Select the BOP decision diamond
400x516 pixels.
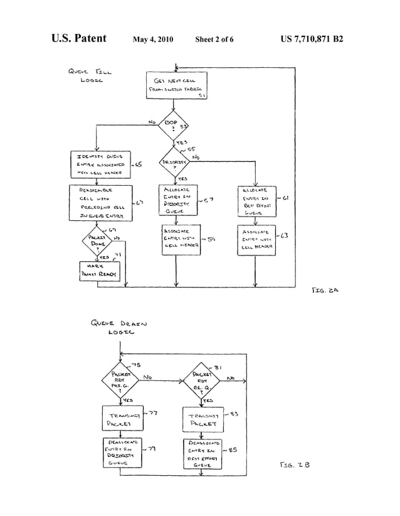point(175,124)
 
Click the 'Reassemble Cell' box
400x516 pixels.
point(100,202)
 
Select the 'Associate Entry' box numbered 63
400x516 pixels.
point(255,240)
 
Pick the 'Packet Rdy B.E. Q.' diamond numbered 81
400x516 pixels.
point(201,380)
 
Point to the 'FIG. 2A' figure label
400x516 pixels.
point(325,291)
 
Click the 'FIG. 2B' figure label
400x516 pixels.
point(292,466)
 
